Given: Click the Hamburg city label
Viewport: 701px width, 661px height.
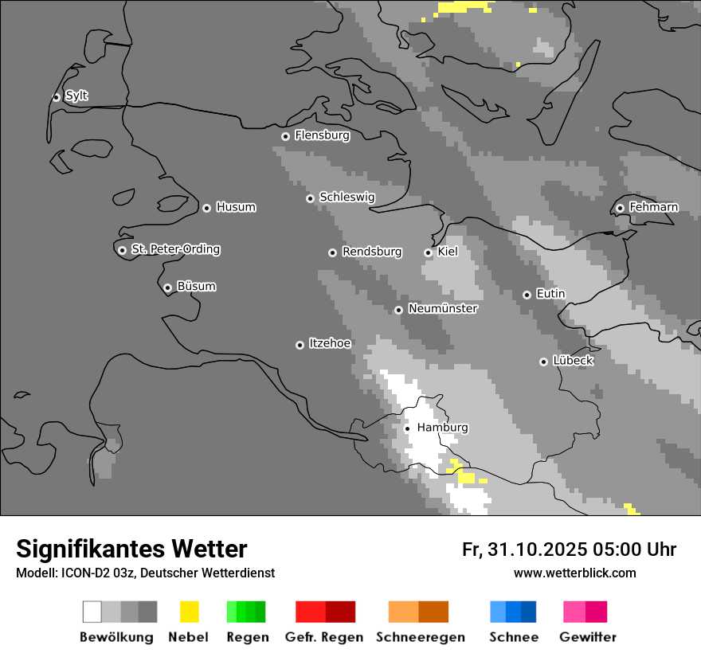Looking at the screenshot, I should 442,428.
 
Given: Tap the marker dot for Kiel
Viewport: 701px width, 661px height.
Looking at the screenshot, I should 428,252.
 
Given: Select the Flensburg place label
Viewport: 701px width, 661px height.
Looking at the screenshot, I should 322,135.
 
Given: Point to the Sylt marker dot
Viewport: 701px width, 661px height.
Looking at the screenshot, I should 56,97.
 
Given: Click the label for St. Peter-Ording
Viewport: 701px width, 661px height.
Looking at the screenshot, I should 175,249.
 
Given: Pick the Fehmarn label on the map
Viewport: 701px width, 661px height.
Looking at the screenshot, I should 653,207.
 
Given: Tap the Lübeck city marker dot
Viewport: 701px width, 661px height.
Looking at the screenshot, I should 543,362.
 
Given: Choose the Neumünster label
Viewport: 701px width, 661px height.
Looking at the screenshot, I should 443,308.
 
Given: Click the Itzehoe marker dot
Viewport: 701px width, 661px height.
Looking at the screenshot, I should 300,345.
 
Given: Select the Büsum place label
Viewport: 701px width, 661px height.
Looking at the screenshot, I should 196,287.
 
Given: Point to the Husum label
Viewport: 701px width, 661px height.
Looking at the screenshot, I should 236,207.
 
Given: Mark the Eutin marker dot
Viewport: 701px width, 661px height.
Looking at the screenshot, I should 527,295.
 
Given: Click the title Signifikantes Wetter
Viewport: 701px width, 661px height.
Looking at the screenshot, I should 131,549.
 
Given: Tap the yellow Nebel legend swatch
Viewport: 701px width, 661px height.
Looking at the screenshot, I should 189,612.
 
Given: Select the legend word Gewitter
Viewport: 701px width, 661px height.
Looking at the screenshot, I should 588,637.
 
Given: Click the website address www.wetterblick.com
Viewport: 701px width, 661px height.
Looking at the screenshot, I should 574,573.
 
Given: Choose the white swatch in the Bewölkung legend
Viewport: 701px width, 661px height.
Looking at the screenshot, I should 92,612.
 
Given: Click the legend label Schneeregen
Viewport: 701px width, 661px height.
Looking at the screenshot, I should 421,637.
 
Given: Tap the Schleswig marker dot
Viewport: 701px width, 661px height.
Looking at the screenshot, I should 310,198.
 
